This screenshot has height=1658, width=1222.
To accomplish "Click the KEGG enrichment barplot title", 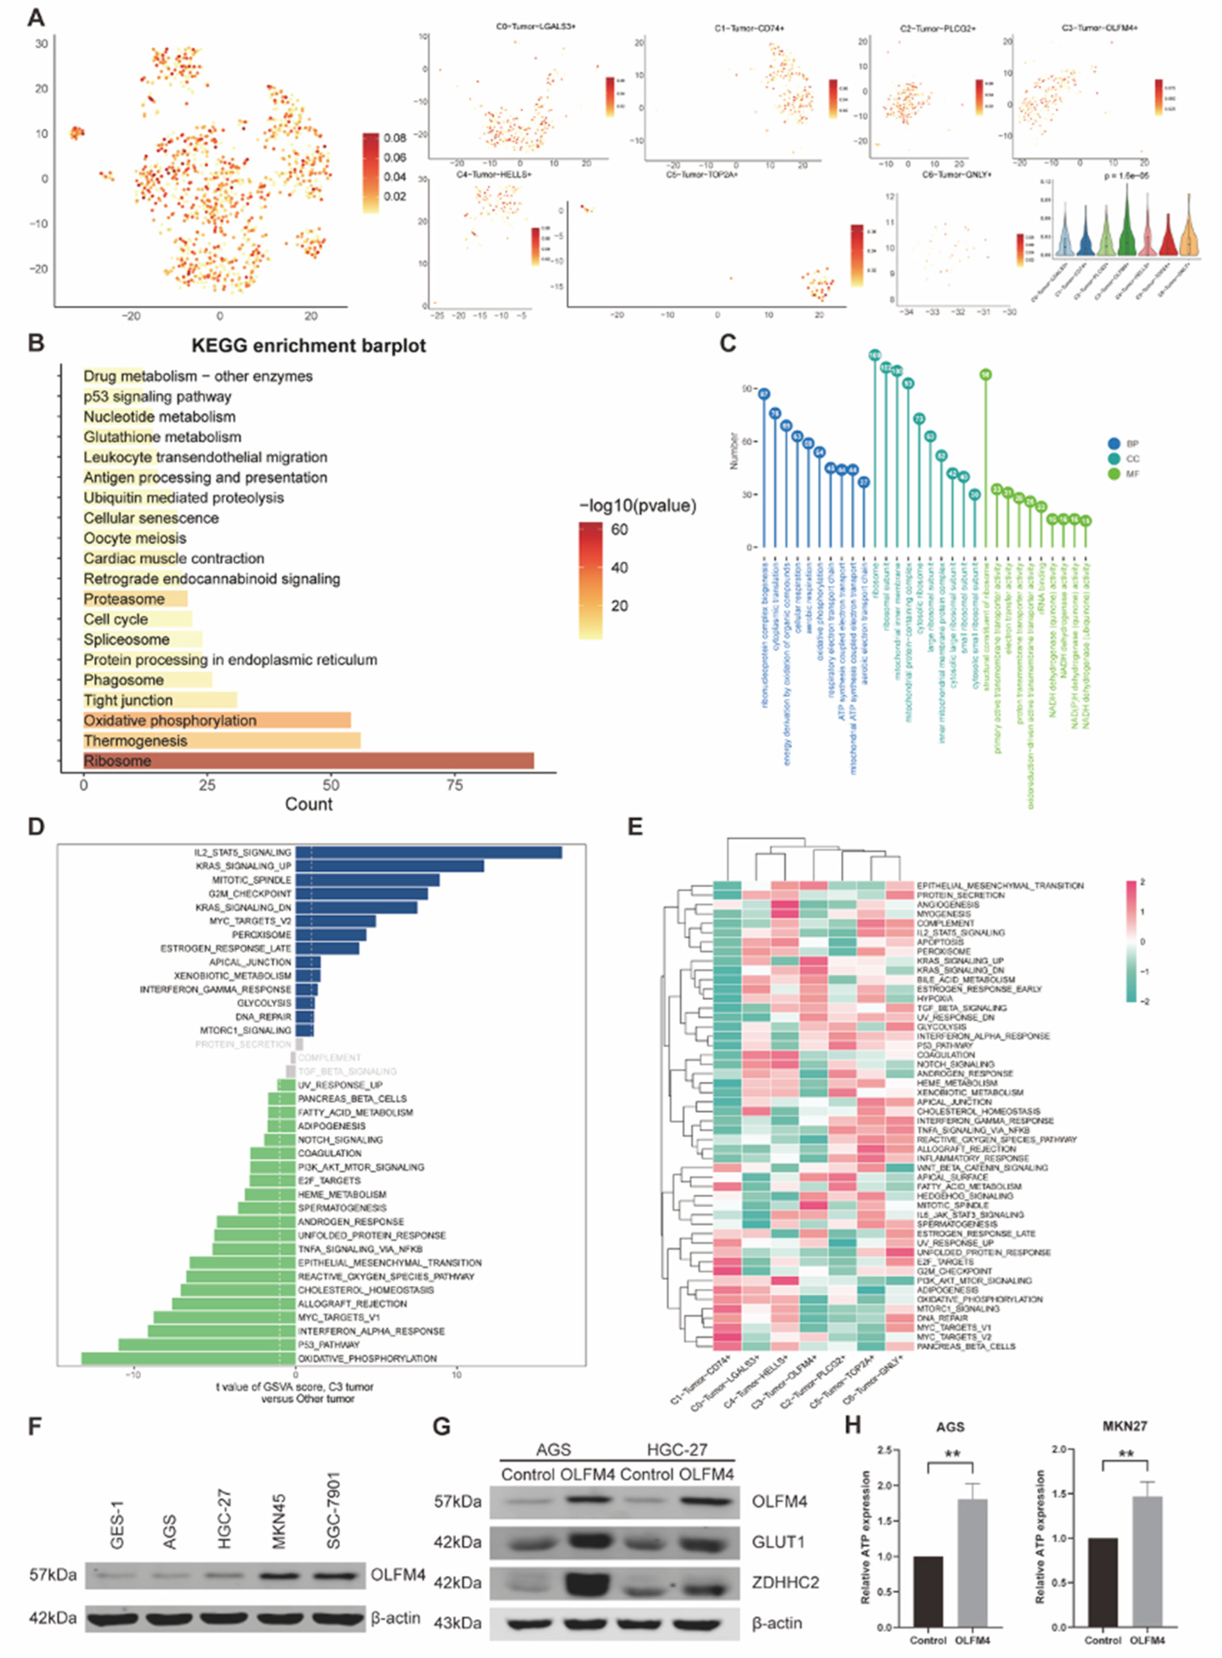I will pyautogui.click(x=308, y=346).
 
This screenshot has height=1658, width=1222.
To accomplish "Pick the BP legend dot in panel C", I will pyautogui.click(x=1114, y=444).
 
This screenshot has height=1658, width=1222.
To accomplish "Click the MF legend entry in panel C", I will pyautogui.click(x=1132, y=474).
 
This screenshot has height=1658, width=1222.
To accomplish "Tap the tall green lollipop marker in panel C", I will pyautogui.click(x=985, y=375).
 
